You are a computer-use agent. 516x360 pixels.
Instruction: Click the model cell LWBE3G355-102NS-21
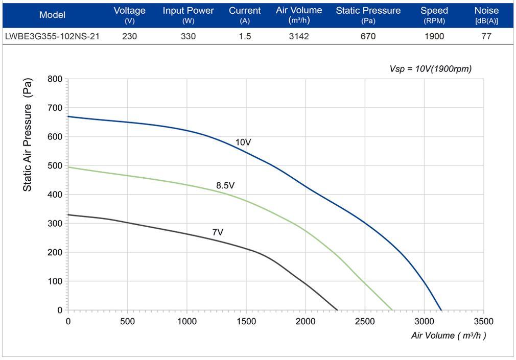(x=52, y=36)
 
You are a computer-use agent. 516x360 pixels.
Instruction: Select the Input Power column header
(x=189, y=15)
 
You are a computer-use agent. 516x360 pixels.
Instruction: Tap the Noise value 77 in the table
(x=486, y=36)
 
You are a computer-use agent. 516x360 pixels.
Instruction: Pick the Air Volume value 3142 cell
(x=299, y=36)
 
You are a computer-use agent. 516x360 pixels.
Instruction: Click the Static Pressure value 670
(x=368, y=36)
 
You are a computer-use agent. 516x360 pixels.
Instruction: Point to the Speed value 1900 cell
(x=434, y=36)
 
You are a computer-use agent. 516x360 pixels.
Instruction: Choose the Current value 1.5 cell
(x=245, y=36)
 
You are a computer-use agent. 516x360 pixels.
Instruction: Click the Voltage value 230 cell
(x=129, y=36)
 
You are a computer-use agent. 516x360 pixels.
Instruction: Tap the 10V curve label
(x=244, y=142)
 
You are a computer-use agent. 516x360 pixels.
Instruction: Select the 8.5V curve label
(x=225, y=185)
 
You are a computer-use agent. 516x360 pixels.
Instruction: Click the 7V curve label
(x=218, y=232)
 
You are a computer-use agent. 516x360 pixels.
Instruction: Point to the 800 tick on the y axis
(x=55, y=79)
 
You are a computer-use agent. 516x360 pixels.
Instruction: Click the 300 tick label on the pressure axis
(x=55, y=224)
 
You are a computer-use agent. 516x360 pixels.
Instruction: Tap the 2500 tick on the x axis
(x=365, y=321)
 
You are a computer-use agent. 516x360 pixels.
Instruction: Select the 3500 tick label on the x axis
(x=483, y=321)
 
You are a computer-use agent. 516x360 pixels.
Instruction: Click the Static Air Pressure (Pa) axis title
(x=28, y=135)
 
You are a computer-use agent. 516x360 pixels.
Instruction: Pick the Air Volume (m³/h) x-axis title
(x=448, y=335)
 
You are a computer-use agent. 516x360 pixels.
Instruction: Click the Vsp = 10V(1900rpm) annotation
(x=430, y=69)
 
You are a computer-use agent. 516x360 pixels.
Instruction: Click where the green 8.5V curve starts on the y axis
(x=68, y=167)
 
